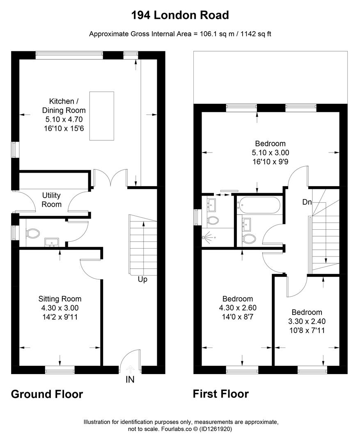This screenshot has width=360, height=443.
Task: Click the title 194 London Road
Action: tap(180, 15)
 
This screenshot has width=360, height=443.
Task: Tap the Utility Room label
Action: tap(51, 200)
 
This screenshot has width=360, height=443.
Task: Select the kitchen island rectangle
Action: tap(102, 116)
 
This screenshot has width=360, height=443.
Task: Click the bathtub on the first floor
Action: tap(259, 205)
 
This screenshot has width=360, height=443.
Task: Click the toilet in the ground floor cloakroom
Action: tap(33, 233)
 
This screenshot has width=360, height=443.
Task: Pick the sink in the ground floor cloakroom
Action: tap(51, 242)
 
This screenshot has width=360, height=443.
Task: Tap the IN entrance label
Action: tap(130, 379)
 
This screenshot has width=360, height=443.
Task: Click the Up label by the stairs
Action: tap(142, 279)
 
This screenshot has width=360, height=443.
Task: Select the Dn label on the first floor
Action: tap(307, 202)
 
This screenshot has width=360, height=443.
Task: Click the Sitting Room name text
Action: tap(60, 299)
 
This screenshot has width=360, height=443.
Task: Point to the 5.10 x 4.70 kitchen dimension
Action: tap(64, 119)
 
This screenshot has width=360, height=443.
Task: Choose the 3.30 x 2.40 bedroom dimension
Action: tap(307, 321)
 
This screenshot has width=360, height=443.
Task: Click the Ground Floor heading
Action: tap(47, 394)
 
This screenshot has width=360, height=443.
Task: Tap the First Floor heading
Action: tap(221, 394)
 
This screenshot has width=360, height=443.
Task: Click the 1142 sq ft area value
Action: tap(256, 34)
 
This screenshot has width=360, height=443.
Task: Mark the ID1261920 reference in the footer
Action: tap(216, 429)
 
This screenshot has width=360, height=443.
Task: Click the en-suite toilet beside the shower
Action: tap(213, 220)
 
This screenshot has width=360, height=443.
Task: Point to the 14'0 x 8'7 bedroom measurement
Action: tap(238, 317)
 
